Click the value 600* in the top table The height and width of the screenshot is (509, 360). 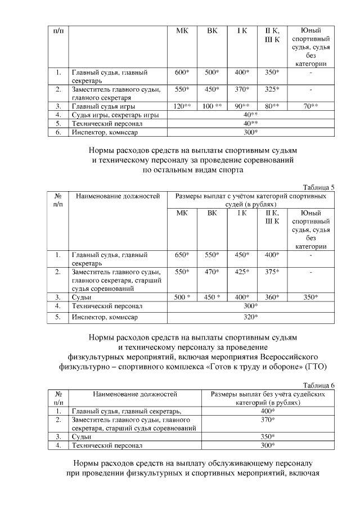coord(181,73)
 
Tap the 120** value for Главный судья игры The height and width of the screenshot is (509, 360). coord(181,106)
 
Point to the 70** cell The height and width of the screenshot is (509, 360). coord(310,106)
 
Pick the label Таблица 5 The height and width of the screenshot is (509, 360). coord(318,187)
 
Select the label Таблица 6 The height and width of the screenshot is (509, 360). coord(318,385)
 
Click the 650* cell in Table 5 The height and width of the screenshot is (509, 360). coord(182,255)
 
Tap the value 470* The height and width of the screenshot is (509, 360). coord(212,272)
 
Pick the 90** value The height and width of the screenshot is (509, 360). coord(242,106)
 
